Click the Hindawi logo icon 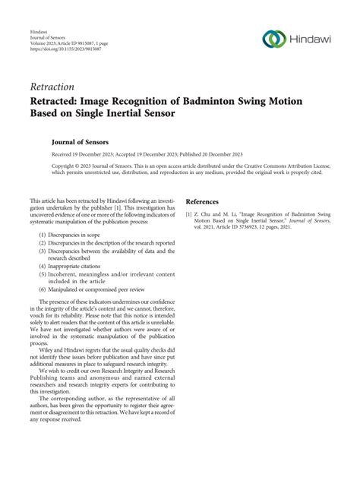273,39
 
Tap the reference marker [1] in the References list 189,215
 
